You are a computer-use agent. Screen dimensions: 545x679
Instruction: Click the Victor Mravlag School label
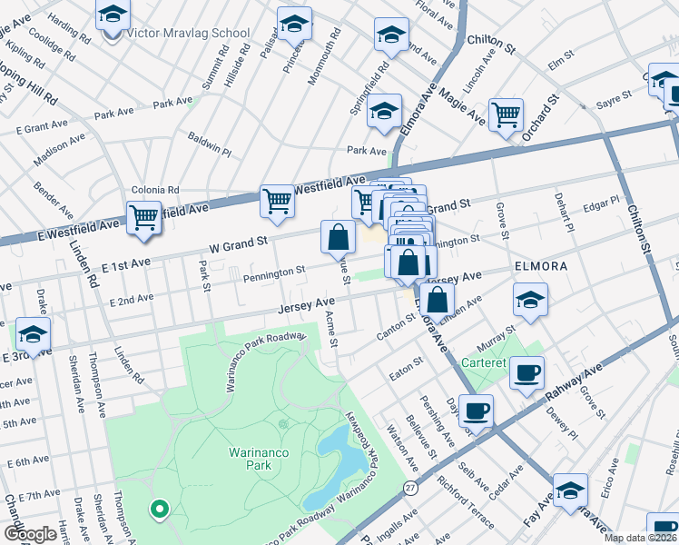(x=188, y=34)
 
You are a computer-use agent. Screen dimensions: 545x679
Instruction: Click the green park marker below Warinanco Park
(x=160, y=510)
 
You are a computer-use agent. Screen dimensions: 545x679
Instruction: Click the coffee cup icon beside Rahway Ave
(x=526, y=372)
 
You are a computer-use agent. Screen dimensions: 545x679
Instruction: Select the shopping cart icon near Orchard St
(x=506, y=114)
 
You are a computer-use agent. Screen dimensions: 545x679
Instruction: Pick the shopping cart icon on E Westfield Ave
(x=144, y=218)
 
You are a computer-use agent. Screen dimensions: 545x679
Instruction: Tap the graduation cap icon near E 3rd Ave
(x=33, y=334)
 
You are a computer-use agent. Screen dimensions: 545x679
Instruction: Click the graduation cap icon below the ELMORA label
(x=530, y=299)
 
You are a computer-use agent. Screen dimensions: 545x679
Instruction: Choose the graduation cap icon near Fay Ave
(x=570, y=490)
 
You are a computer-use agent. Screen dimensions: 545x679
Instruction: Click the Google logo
(x=30, y=534)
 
